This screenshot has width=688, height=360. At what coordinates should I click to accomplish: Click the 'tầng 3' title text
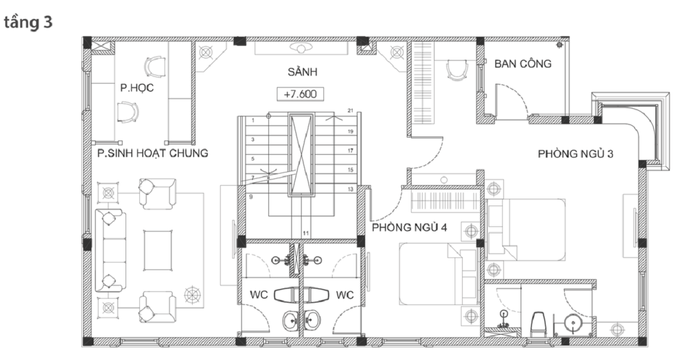click(x=28, y=23)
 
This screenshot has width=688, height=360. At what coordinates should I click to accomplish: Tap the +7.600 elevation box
click(x=300, y=94)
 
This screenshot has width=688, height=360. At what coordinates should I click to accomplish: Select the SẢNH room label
click(x=302, y=72)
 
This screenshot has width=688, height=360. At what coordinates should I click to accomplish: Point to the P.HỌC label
click(x=136, y=88)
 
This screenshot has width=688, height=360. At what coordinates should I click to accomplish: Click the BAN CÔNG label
click(x=523, y=64)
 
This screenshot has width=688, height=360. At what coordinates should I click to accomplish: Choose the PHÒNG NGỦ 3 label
click(x=575, y=154)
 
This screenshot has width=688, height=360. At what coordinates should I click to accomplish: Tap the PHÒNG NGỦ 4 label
click(x=409, y=228)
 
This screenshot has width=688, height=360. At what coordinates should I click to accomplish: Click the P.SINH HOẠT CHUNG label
click(x=153, y=153)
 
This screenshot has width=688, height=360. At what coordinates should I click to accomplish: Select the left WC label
click(x=259, y=295)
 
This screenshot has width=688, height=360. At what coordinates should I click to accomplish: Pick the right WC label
click(x=345, y=295)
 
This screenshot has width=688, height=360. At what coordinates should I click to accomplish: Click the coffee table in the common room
click(x=158, y=251)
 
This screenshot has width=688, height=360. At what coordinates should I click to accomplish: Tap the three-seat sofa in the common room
click(x=110, y=251)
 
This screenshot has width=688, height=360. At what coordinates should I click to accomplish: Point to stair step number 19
click(x=350, y=131)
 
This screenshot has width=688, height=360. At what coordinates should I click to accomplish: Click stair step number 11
click(x=306, y=233)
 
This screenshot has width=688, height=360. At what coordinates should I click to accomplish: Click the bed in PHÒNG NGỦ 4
click(x=438, y=274)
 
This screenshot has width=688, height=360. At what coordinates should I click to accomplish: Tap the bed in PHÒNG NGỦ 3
click(x=526, y=230)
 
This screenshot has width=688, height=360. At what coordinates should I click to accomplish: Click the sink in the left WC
click(x=291, y=321)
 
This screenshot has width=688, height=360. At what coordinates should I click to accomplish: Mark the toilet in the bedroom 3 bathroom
click(x=538, y=324)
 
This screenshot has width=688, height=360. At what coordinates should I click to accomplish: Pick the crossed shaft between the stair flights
click(x=302, y=155)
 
